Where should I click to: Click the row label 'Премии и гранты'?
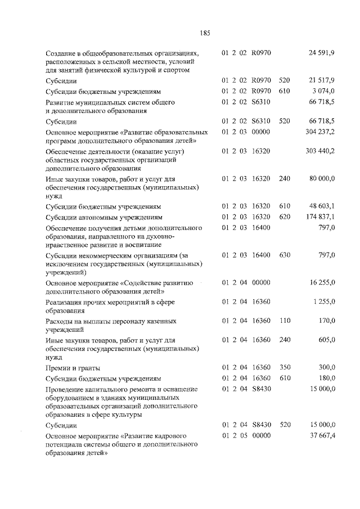[73, 368]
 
